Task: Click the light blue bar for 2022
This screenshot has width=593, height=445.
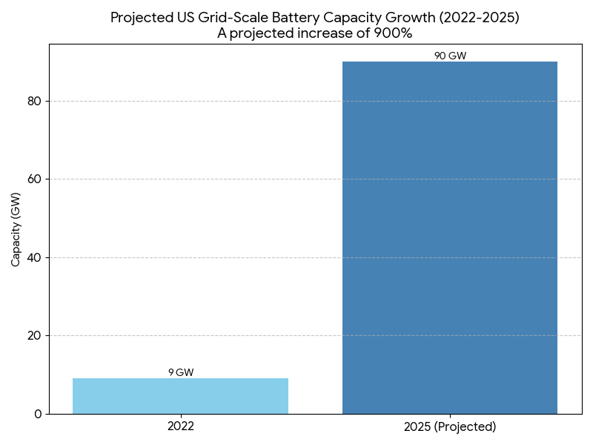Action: pos(180,396)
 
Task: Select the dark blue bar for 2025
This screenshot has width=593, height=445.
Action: pos(450,237)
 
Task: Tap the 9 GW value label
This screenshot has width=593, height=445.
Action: pos(180,372)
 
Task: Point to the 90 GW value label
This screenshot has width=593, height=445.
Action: pos(450,56)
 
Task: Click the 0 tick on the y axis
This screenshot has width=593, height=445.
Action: pos(39,414)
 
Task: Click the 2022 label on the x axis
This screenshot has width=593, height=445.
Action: pos(180,427)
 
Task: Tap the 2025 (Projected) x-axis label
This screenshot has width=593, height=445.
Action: pos(450,427)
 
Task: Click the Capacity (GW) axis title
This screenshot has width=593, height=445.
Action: pos(16,228)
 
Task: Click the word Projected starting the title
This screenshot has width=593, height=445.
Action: pos(139,17)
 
